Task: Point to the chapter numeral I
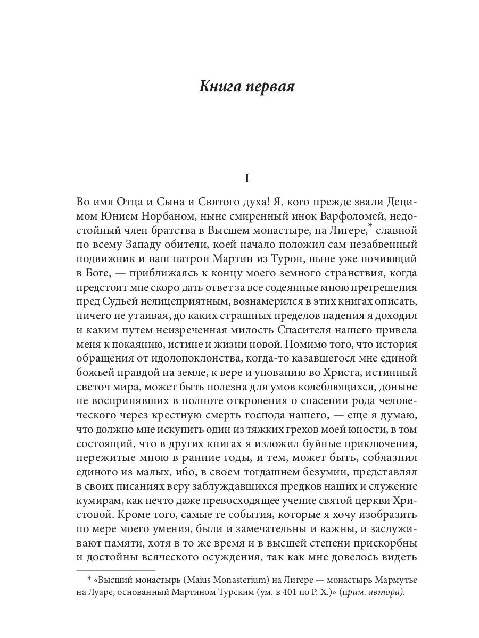246,179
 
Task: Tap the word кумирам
95,501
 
